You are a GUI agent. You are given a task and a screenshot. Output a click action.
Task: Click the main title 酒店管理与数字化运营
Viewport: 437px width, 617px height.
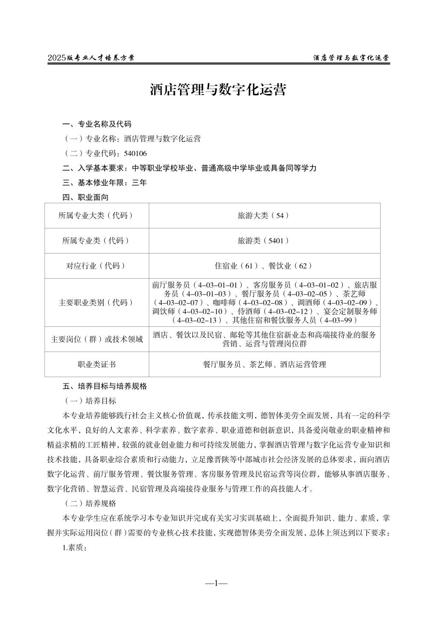218,90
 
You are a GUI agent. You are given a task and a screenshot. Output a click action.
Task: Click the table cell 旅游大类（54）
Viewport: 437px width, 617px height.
264,216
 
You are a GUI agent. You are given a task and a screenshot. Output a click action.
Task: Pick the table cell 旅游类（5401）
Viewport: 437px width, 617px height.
264,241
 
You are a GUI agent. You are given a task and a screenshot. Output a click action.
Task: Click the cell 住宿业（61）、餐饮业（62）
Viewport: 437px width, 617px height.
264,266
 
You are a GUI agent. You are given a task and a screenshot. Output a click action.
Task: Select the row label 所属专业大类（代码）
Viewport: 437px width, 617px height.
96,216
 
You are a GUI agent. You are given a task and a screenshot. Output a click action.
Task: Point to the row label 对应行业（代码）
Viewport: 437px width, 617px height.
96,266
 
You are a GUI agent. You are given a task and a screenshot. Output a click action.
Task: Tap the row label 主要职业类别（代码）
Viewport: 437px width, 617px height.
96,303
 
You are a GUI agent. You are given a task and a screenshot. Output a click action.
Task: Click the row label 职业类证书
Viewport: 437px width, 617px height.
96,364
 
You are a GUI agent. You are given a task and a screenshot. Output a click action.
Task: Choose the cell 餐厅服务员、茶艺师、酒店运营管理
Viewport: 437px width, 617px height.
264,364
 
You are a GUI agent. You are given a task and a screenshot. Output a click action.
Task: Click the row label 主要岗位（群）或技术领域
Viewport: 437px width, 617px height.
96,339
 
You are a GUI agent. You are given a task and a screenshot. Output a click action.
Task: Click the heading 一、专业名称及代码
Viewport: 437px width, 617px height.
97,124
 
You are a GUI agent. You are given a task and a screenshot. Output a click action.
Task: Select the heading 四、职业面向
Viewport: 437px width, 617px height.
85,197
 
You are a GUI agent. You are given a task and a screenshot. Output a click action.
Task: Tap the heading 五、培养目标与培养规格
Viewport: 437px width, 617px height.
105,386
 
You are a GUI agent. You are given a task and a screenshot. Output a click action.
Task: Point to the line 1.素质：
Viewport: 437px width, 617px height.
75,548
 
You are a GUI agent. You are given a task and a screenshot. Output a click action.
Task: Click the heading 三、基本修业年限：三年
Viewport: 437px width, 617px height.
105,183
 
